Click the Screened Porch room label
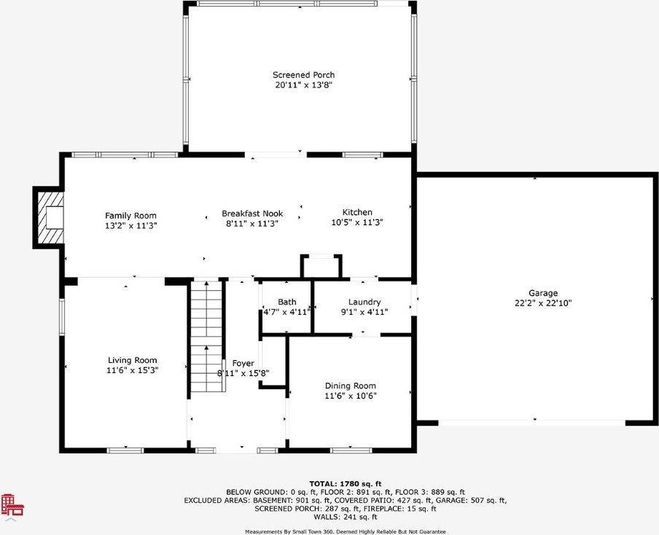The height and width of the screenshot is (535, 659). pos(303,75)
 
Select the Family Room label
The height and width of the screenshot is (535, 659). pos(130,215)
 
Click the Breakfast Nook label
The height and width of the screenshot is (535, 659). pos(251,214)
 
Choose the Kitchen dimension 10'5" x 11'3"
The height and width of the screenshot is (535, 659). pos(357,223)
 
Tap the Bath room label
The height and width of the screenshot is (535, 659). pos(286,302)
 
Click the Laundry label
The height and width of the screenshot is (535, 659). pos(364,302)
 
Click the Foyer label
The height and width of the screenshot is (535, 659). pos(243,363)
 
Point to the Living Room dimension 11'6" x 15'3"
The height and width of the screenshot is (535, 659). pos(132,370)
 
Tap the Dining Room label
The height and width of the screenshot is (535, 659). pos(350,386)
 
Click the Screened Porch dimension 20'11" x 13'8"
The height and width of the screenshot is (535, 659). pos(303,85)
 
